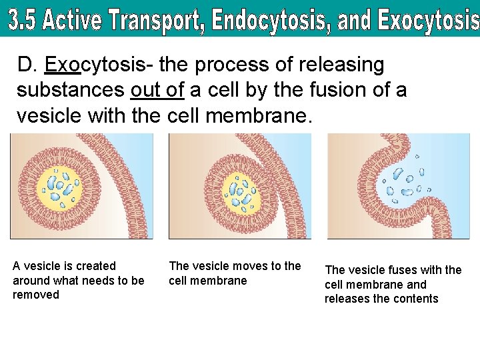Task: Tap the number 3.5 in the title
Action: point(23,21)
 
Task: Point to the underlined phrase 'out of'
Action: point(159,89)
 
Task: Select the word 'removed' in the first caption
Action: point(36,295)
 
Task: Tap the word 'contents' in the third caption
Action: point(416,299)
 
